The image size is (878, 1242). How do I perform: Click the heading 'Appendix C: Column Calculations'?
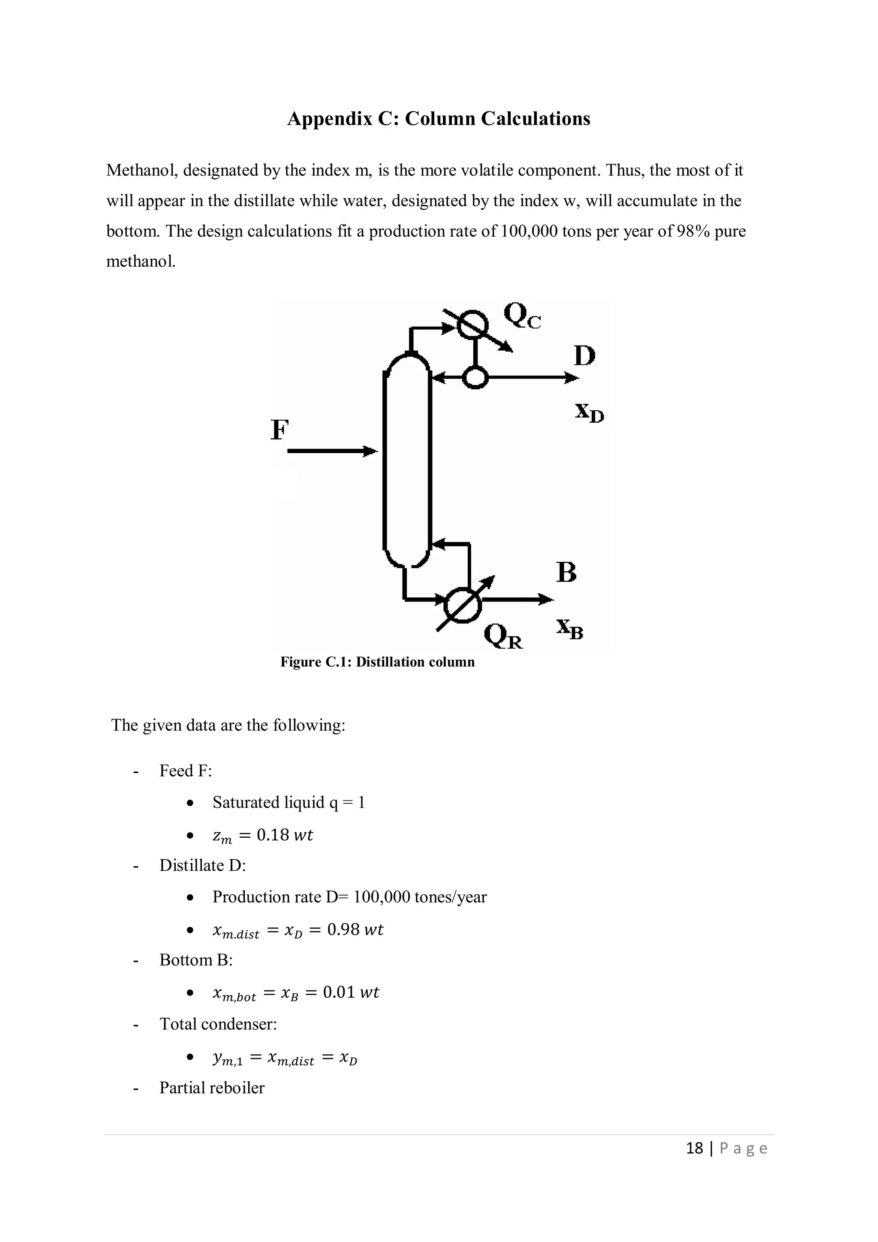(x=438, y=118)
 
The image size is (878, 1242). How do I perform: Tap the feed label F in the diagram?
(x=279, y=430)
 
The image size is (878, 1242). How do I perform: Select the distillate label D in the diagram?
(x=584, y=356)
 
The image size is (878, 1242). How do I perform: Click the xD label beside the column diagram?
(x=589, y=413)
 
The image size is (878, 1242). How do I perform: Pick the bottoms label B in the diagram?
(x=566, y=572)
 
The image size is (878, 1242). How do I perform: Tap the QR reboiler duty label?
(x=503, y=636)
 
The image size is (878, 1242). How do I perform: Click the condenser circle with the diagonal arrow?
(x=473, y=325)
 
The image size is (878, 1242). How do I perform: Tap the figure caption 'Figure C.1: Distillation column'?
(x=377, y=662)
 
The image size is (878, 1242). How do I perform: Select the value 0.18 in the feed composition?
(x=273, y=835)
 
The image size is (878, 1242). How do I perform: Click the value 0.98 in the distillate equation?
(x=343, y=929)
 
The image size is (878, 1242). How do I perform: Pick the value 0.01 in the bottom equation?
(x=339, y=992)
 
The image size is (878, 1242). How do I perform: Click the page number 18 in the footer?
(x=694, y=1149)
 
